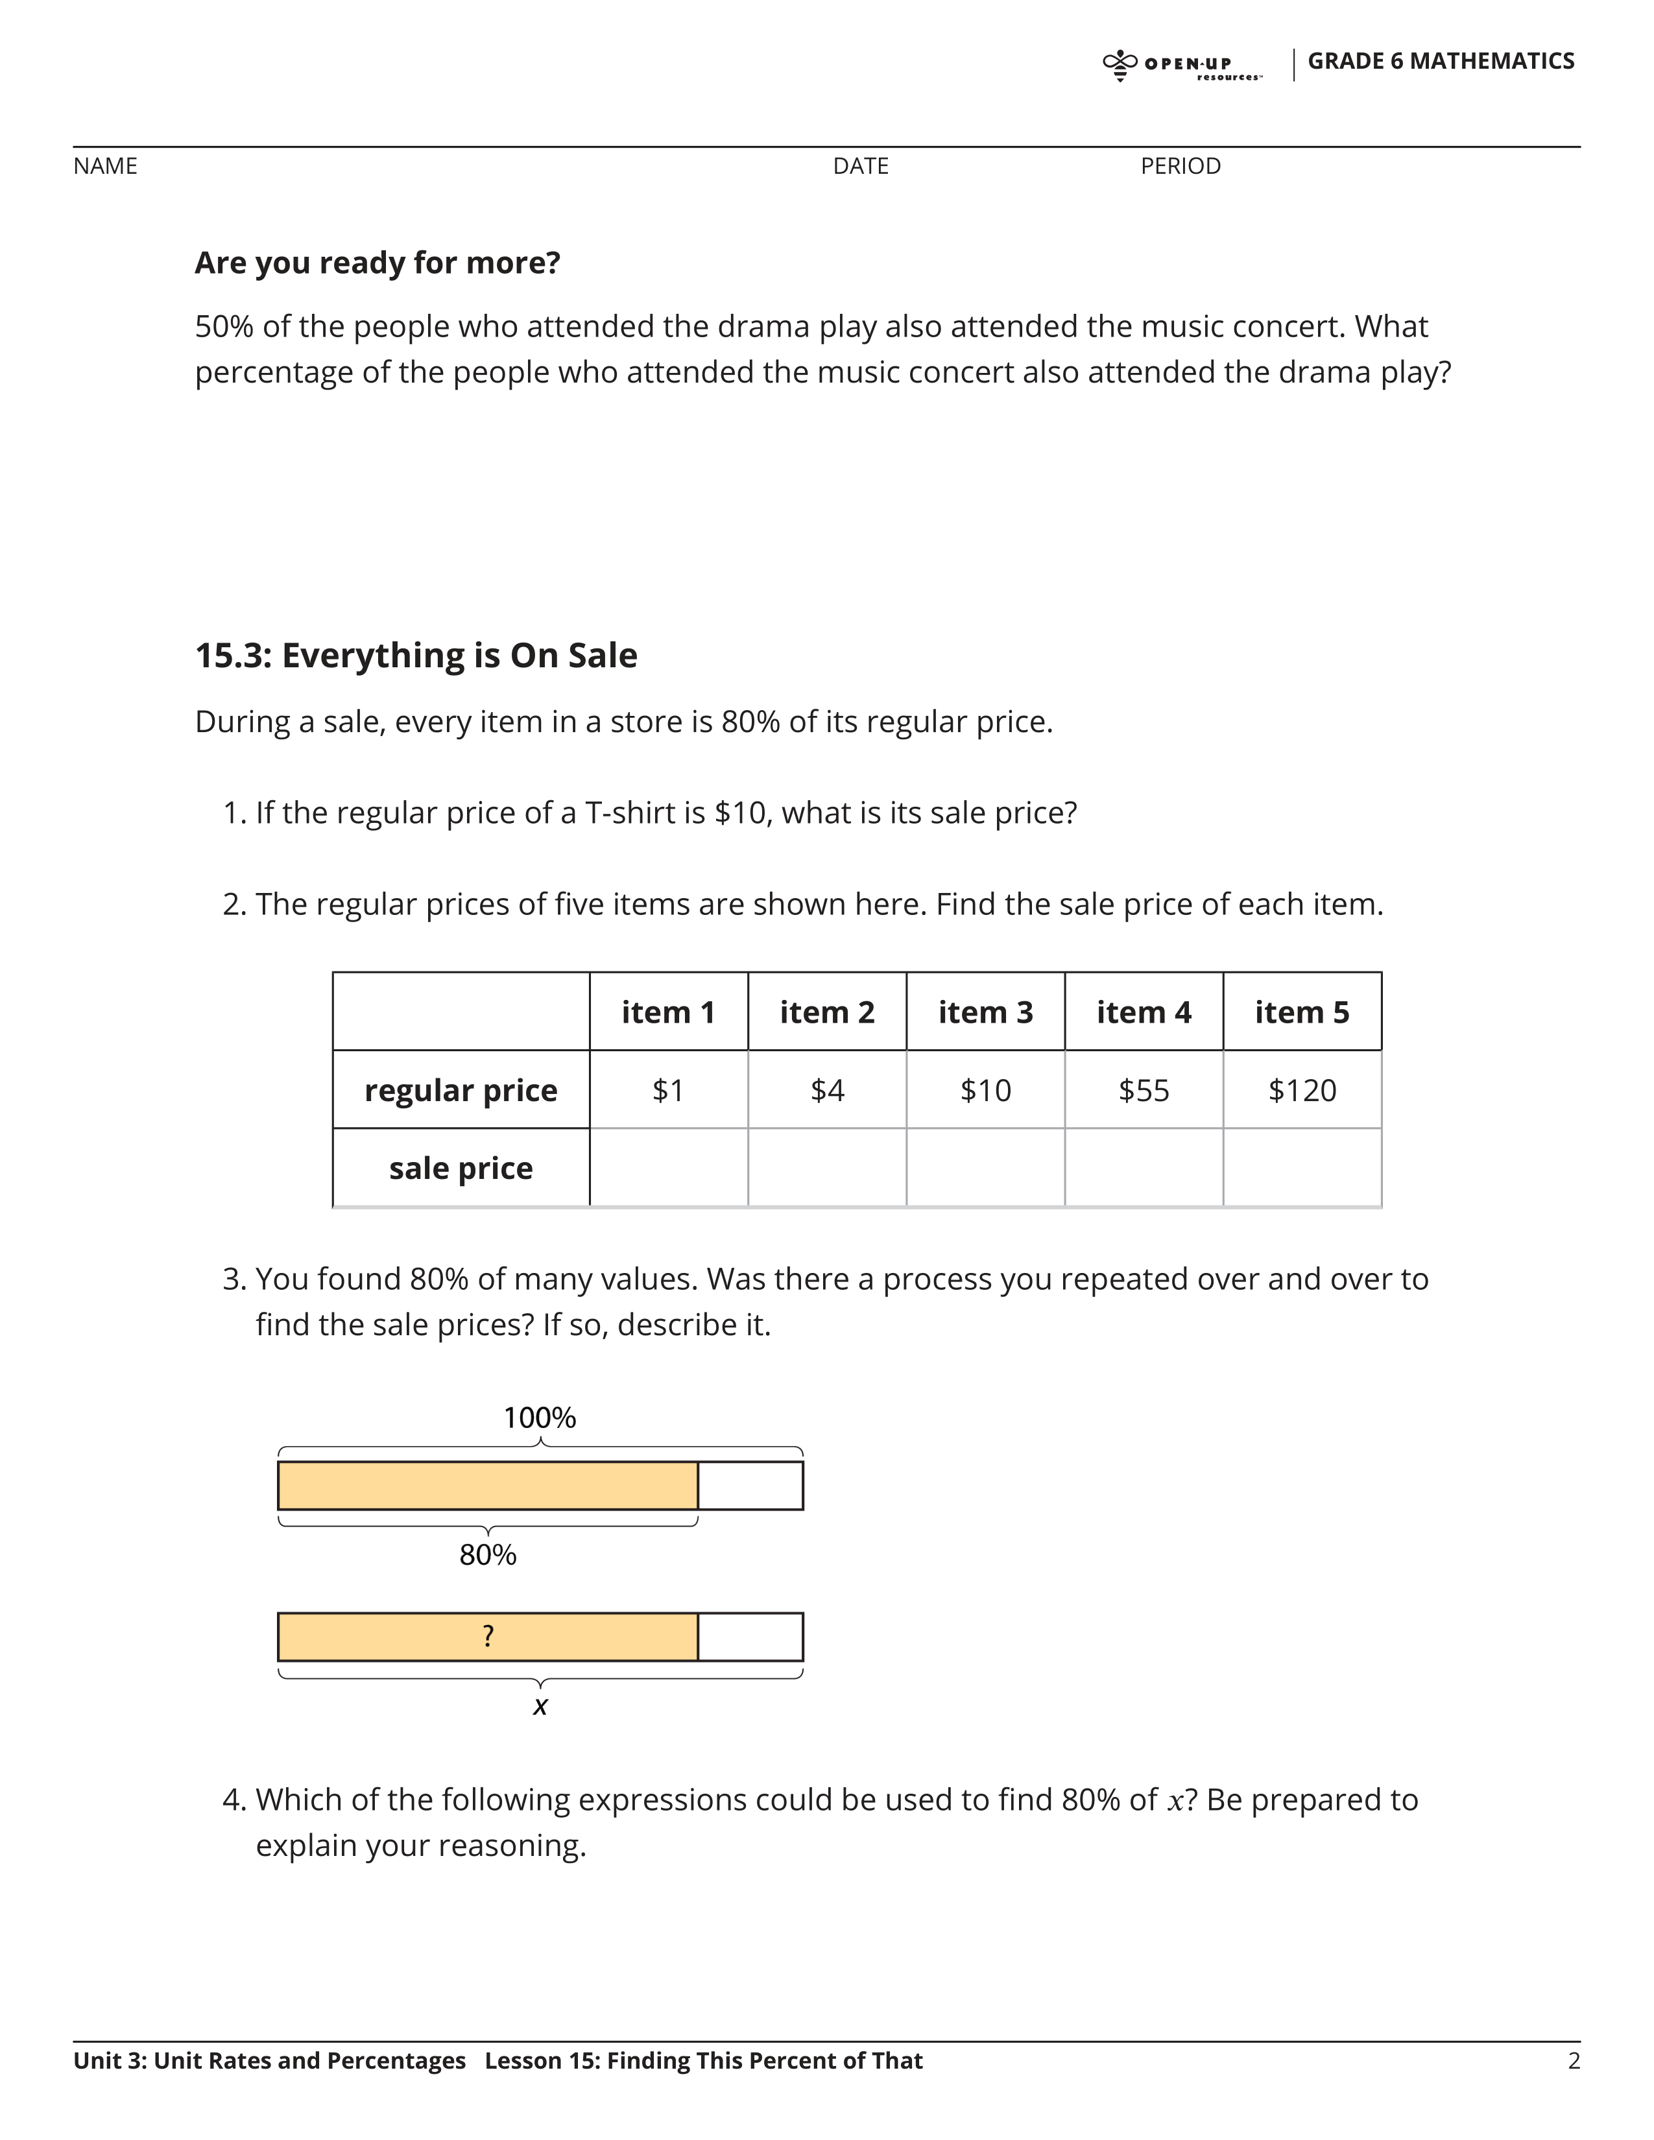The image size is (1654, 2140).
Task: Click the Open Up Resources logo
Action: click(1182, 65)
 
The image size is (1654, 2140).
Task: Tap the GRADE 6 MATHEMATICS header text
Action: click(1441, 61)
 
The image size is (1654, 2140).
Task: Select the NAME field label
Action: click(105, 167)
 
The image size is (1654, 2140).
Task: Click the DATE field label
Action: click(860, 167)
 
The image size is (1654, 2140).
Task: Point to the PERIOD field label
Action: click(1180, 167)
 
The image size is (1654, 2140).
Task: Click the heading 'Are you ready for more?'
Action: click(378, 263)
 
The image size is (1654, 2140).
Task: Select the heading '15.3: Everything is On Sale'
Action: click(416, 656)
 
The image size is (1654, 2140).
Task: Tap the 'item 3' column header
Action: click(985, 1012)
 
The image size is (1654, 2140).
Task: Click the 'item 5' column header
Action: click(1301, 1012)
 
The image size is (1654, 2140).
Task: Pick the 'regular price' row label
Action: click(461, 1091)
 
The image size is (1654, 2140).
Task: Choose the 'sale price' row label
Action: click(461, 1168)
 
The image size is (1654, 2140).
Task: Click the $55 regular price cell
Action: click(1144, 1091)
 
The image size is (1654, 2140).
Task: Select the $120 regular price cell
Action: click(1301, 1091)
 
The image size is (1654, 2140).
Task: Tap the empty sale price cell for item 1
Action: click(668, 1168)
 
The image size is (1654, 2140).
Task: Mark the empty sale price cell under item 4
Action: click(1144, 1168)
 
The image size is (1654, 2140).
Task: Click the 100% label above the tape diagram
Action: click(539, 1418)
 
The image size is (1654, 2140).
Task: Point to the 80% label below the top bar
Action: click(487, 1555)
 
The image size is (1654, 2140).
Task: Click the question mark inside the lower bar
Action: click(488, 1635)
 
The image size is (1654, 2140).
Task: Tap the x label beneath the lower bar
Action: click(540, 1707)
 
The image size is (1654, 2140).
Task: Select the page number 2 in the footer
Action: click(1574, 2061)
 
